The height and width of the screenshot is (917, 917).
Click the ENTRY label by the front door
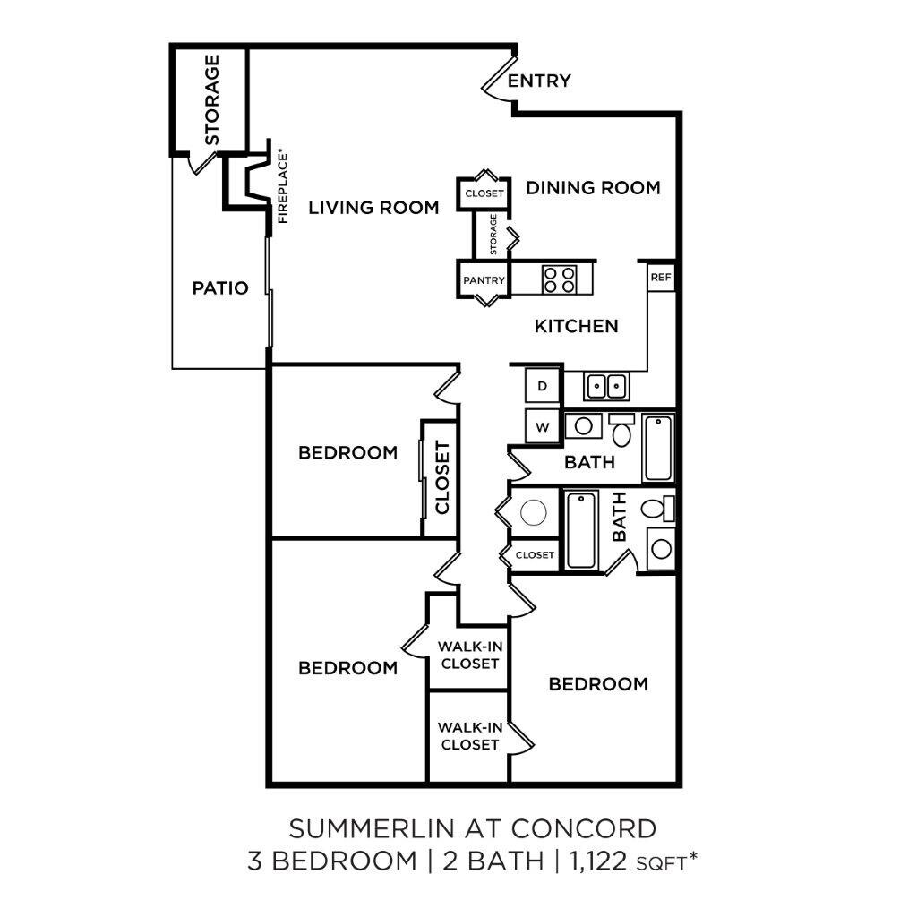point(538,81)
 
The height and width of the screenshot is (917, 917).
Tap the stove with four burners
point(559,279)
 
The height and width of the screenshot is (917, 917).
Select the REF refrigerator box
point(661,278)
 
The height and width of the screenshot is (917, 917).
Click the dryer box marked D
point(542,385)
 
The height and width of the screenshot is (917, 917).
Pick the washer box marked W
point(542,427)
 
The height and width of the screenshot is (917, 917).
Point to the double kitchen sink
point(606,386)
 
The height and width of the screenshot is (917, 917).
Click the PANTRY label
point(484,280)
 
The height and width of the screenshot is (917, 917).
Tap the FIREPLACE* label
point(283,188)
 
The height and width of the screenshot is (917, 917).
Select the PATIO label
point(220,287)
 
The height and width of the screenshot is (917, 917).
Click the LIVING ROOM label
point(373,208)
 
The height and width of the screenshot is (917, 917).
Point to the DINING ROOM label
point(593,188)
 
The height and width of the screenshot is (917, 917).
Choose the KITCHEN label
point(576,326)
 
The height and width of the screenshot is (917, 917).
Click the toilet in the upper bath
point(621,429)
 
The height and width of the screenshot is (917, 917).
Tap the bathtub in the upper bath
point(658,448)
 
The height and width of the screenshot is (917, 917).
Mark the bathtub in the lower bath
point(581,530)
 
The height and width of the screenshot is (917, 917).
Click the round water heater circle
point(534,513)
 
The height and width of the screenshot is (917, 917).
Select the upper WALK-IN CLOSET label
point(469,655)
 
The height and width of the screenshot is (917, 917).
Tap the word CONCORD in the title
point(583,828)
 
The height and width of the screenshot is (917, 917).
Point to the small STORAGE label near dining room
point(493,234)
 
